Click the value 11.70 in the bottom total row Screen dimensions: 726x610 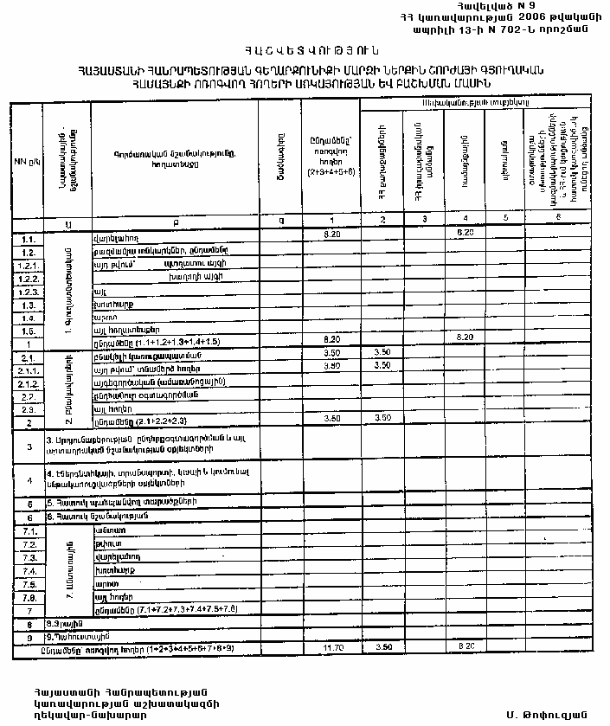[332, 646]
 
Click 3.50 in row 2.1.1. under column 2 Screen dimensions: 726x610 [382, 366]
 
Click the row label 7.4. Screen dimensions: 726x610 [28, 571]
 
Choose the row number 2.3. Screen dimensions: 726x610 [28, 408]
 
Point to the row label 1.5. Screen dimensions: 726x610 [28, 331]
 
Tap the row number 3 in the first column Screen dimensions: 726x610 [28, 447]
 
